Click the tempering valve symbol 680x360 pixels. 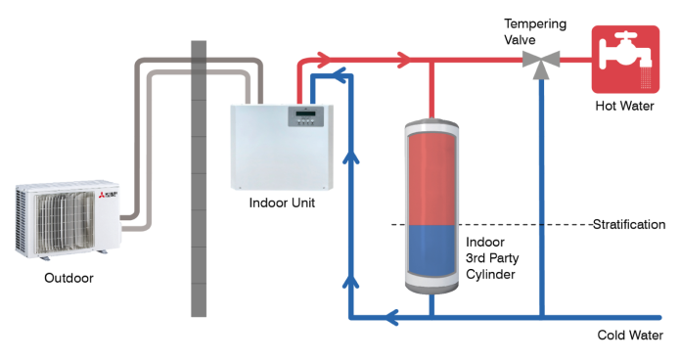coord(539,61)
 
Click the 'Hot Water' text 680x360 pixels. coord(624,106)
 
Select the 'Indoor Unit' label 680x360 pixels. coord(282,202)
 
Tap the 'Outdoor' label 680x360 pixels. coord(68,278)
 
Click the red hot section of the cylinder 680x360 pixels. coord(431,171)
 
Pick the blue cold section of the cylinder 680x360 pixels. coord(431,254)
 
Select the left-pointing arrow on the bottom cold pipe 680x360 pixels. coord(390,317)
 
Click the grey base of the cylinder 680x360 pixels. coord(431,290)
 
